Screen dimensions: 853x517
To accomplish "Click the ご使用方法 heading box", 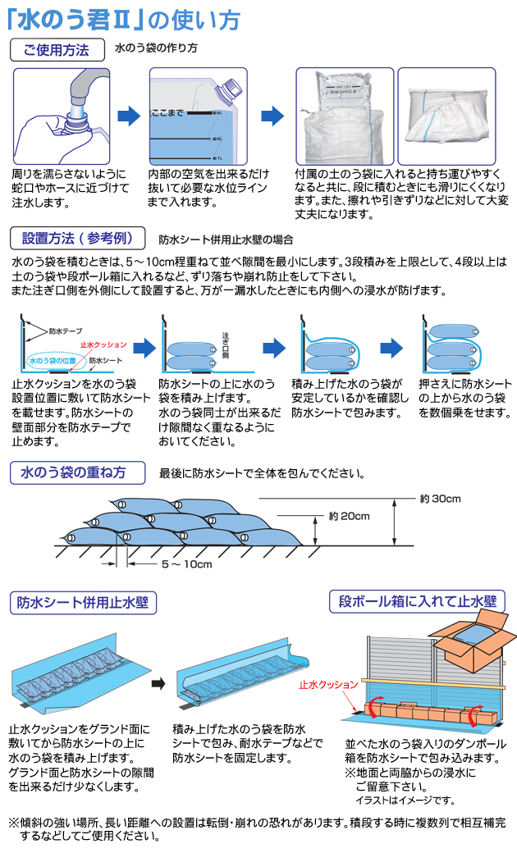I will point(57,49).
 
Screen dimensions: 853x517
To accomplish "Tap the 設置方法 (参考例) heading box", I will point(78,239).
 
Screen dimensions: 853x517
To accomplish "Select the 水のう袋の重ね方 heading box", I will point(78,472).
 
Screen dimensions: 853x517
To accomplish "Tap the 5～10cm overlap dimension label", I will point(187,564).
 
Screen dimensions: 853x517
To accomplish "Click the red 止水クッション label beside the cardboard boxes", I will point(328,682).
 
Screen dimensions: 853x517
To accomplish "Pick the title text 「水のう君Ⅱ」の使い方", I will point(121,17).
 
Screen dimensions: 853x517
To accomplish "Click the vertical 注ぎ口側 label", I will point(226,346).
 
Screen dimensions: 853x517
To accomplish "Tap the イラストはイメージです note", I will point(405,800).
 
